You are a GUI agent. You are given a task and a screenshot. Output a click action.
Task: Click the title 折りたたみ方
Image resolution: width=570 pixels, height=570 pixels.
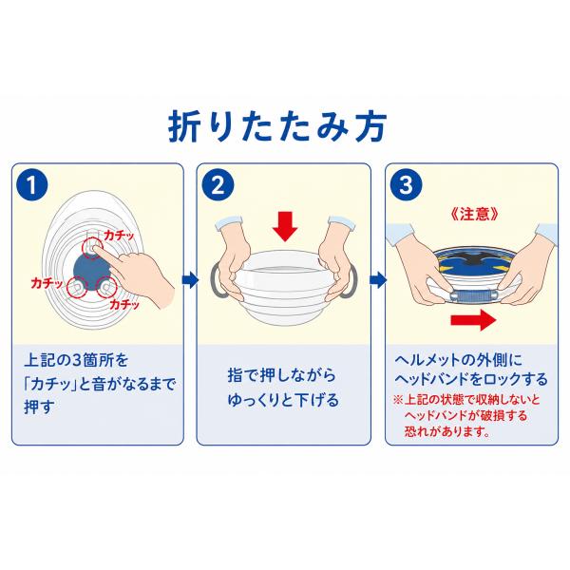pos(277,126)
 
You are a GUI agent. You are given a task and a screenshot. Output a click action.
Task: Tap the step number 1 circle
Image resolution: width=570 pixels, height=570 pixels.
pos(32,185)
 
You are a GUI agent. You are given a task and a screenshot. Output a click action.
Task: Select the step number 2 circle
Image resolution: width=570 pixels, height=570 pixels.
pos(218,185)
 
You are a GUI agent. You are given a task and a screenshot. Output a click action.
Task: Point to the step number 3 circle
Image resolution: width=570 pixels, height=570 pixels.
pos(406,185)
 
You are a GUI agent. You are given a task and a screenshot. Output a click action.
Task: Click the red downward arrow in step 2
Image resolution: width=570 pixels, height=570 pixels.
pos(285,226)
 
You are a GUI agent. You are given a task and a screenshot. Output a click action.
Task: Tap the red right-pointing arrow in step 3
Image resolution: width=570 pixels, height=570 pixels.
pos(473,320)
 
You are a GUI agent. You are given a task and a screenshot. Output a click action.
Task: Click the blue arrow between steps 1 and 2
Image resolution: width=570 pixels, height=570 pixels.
pos(191,280)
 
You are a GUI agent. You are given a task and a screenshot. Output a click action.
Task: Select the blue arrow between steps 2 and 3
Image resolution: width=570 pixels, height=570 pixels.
pos(378,280)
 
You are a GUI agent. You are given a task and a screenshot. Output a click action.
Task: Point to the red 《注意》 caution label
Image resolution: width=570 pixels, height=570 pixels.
pos(474,214)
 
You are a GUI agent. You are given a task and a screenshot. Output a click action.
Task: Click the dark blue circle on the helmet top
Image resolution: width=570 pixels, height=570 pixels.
pos(90,270)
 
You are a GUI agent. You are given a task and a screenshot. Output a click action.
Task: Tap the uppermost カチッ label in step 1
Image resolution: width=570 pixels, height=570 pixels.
pos(120,236)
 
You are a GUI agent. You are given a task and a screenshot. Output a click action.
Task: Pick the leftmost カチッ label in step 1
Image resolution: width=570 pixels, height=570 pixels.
pos(47,283)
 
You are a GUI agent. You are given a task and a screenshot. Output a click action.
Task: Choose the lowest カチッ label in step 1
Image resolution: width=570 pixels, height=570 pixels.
pos(124,304)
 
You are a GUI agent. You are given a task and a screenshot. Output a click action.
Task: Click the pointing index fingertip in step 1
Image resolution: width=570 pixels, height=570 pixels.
pos(95,248)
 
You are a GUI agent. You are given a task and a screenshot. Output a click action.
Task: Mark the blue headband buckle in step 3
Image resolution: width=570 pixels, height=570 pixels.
pos(473,295)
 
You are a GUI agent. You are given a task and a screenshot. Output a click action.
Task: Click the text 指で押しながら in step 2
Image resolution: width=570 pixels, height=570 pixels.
pos(281,375)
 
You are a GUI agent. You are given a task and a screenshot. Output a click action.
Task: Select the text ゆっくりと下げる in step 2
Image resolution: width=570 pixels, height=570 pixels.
pos(283,400)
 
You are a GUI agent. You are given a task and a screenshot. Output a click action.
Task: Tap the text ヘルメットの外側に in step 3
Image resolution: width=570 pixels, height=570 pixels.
pos(459,360)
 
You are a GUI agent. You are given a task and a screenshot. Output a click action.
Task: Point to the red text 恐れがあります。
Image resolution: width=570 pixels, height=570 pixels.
pos(447,431)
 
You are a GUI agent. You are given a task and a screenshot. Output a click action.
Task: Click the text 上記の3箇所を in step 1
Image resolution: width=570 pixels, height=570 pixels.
pos(76,360)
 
